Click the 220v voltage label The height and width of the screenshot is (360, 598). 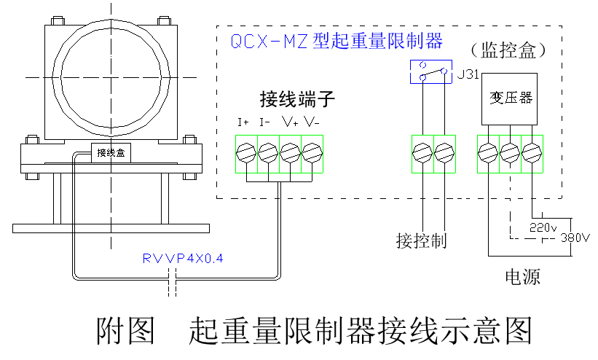pos(542,227)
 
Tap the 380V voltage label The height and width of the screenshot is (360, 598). pos(575,238)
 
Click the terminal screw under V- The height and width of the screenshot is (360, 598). pos(312,152)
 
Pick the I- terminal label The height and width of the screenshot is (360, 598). pos(266,122)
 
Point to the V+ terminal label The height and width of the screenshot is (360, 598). pos(290,122)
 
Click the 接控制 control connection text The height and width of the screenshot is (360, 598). pos(421,240)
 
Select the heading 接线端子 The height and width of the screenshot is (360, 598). pos(297,98)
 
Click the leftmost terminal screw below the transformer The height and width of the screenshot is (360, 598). pos(487,152)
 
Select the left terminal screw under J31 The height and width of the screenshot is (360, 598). pos(421,152)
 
